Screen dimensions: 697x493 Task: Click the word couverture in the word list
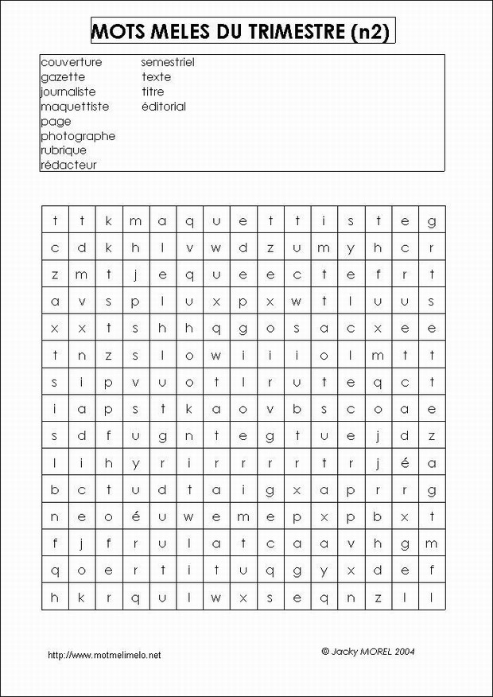click(x=71, y=62)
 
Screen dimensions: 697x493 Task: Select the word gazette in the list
click(x=63, y=77)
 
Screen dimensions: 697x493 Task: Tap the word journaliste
click(x=68, y=92)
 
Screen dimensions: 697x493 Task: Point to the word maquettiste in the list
click(x=75, y=107)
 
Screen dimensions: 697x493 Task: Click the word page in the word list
click(x=56, y=122)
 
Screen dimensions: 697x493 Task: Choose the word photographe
click(x=78, y=136)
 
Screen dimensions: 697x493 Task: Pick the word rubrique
click(x=64, y=150)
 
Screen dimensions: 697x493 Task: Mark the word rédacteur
click(x=68, y=165)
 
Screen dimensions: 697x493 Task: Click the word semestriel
click(x=168, y=62)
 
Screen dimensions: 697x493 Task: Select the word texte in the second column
click(x=157, y=77)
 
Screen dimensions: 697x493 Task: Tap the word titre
click(x=153, y=92)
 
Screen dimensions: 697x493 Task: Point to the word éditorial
click(x=164, y=107)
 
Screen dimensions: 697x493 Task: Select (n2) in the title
click(x=370, y=32)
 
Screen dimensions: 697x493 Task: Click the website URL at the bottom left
click(x=104, y=655)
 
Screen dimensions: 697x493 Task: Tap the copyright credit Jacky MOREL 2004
click(x=368, y=651)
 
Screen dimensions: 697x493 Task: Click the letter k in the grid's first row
click(x=109, y=221)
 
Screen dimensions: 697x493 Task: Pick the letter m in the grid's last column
click(x=432, y=543)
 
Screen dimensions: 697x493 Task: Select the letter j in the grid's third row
click(x=136, y=275)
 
